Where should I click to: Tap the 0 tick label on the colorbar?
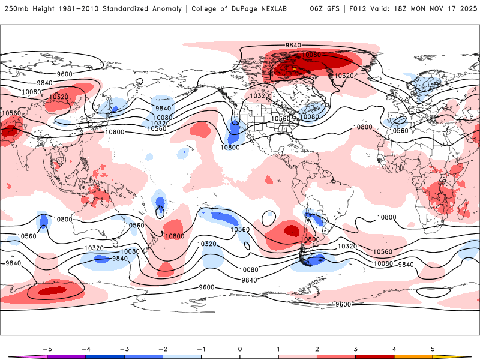(239, 348)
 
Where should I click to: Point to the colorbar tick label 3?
(355, 348)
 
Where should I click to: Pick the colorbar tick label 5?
(433, 348)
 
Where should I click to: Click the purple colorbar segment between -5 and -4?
(67, 356)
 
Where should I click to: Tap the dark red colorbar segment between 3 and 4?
(374, 356)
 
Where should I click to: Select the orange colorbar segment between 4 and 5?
(413, 356)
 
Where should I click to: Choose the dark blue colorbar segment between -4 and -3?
(105, 356)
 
